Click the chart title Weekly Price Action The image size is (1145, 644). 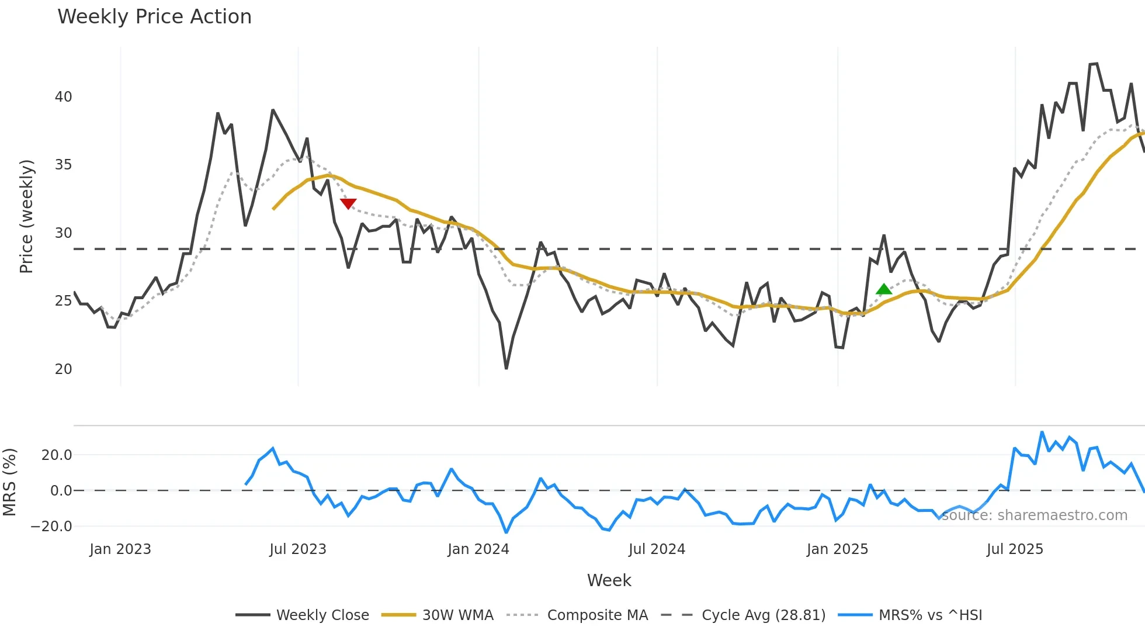(154, 17)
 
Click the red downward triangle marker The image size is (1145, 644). (348, 203)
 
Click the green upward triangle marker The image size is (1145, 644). (884, 289)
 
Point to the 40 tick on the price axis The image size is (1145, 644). (63, 97)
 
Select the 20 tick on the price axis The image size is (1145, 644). (63, 369)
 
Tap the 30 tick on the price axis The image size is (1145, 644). (63, 233)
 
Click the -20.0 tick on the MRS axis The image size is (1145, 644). (51, 527)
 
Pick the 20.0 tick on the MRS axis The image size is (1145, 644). (57, 455)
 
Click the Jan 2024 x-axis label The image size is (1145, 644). (478, 549)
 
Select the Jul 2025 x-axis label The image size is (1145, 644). (1015, 549)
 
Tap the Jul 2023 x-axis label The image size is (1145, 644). (298, 549)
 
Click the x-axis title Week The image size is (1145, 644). (609, 580)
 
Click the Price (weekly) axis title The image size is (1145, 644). (26, 216)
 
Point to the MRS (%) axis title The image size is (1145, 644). (9, 482)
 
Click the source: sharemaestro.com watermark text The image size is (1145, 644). (1034, 515)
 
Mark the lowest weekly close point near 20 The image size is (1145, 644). (506, 368)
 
